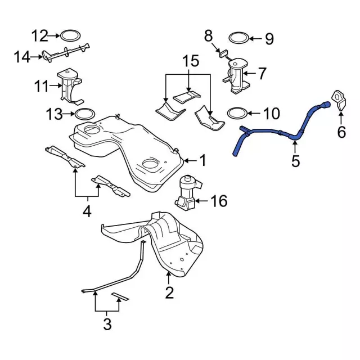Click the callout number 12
pos(39,37)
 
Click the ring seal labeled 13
pos(84,115)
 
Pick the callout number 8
pos(209,37)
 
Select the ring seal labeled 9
pos(238,38)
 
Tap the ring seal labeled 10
pos(237,114)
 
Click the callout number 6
pos(341,133)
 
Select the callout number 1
pos(202,161)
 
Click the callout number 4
pos(87,212)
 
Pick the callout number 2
pos(169,292)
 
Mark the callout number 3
pos(107,324)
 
